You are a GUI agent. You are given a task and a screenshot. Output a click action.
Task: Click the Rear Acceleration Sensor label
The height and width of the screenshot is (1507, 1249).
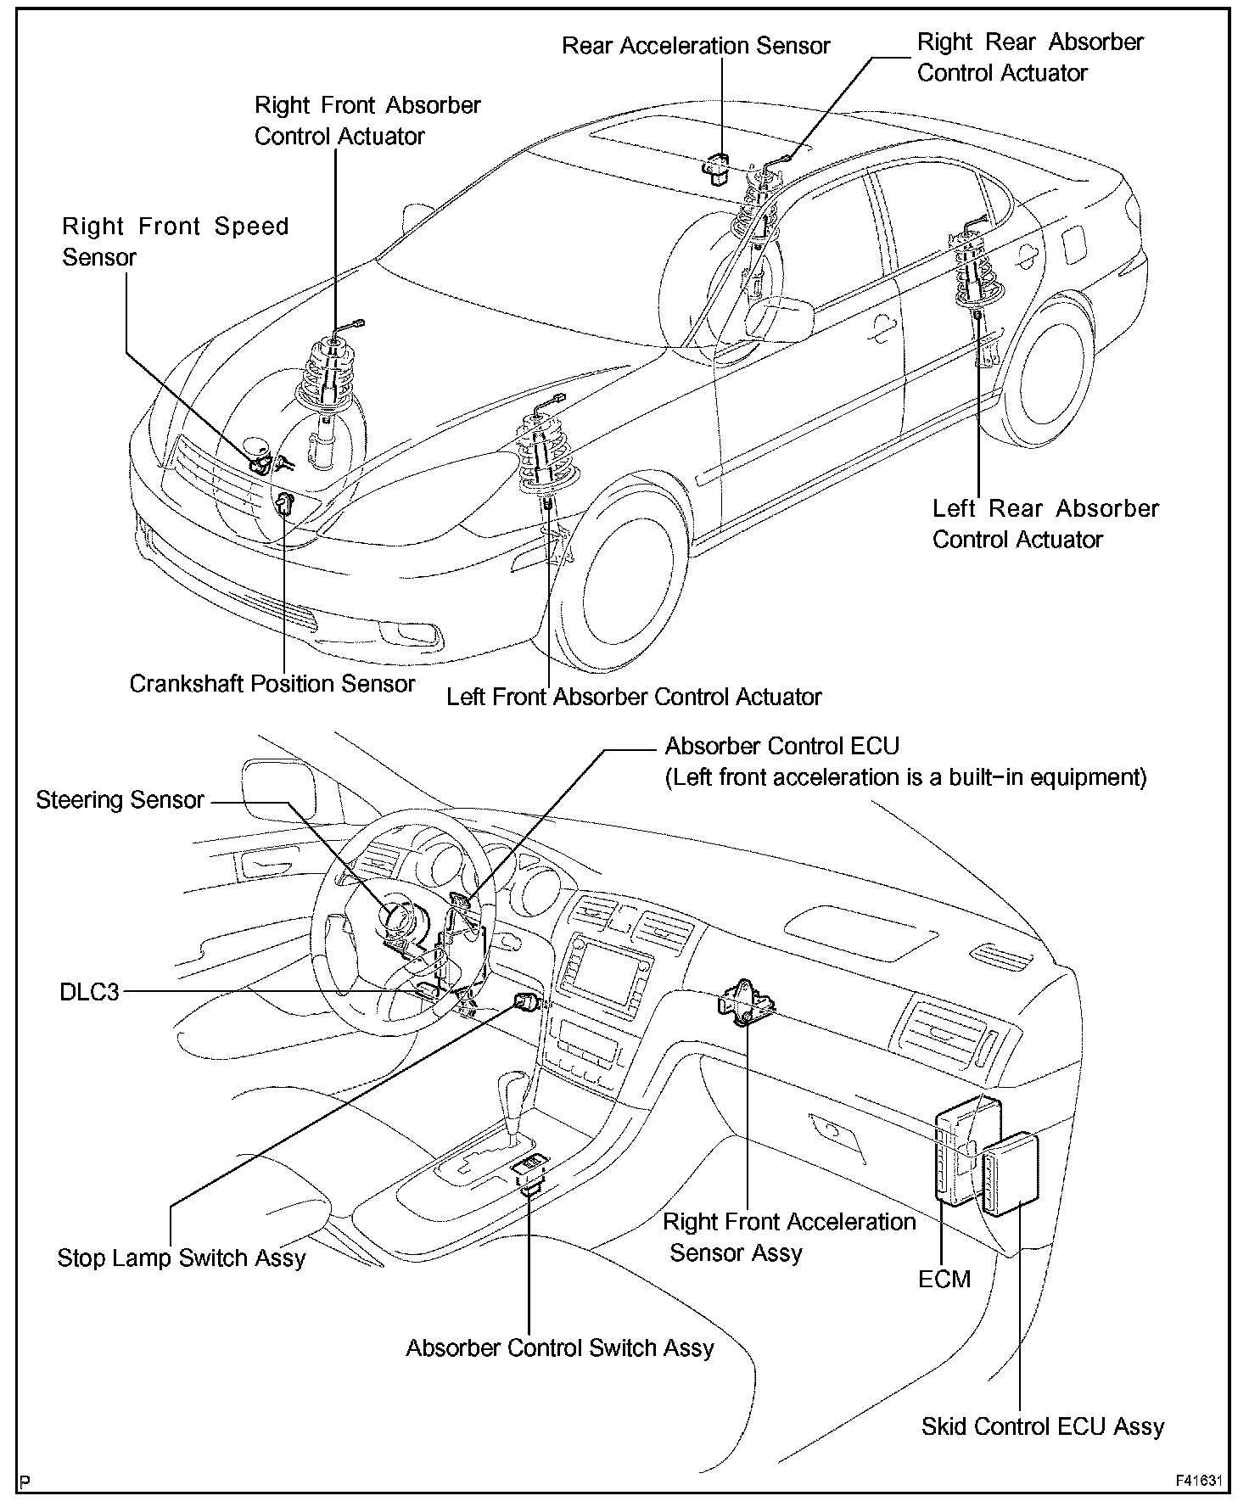click(x=696, y=46)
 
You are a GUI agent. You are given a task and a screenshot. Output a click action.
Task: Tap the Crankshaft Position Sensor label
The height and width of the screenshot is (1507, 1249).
click(x=272, y=683)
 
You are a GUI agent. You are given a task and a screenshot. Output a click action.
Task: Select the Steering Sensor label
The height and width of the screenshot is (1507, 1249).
click(x=120, y=800)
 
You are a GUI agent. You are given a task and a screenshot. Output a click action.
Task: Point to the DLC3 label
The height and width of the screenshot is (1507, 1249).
click(x=89, y=991)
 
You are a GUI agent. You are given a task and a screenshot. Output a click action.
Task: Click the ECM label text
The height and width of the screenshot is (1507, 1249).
click(x=944, y=1279)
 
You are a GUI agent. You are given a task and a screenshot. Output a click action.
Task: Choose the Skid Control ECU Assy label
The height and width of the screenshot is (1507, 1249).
click(x=1042, y=1426)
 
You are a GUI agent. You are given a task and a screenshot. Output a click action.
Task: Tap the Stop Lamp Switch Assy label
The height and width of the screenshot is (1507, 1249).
click(x=181, y=1258)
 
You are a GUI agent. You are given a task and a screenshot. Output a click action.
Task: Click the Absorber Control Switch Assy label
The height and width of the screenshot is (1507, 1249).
click(x=560, y=1348)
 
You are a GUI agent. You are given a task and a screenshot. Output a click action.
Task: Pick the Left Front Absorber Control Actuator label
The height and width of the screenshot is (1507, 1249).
click(x=634, y=697)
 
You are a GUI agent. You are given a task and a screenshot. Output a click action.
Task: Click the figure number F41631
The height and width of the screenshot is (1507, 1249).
click(x=1198, y=1482)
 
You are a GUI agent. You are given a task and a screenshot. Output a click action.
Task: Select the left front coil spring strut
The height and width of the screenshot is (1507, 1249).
click(x=544, y=454)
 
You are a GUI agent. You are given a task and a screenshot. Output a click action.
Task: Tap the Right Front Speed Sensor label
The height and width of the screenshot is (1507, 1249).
click(x=175, y=242)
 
